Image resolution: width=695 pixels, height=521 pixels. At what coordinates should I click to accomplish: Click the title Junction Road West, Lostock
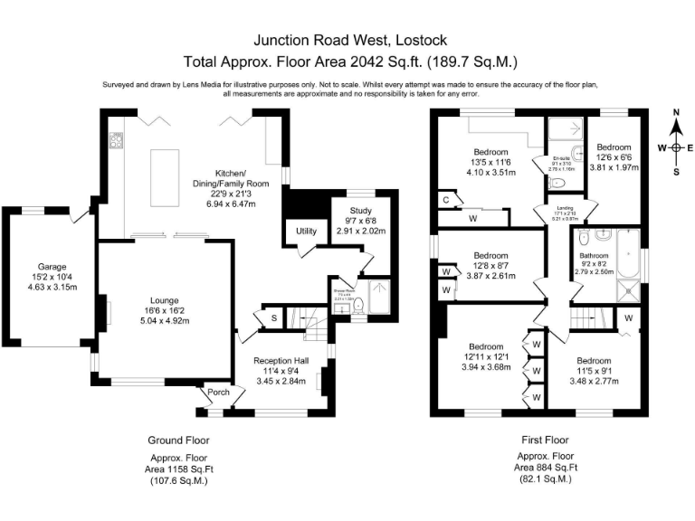349,41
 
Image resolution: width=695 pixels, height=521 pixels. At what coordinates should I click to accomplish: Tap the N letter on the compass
676,112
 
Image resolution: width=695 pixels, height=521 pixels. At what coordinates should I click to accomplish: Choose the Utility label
306,232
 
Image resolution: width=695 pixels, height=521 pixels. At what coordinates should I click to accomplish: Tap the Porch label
219,392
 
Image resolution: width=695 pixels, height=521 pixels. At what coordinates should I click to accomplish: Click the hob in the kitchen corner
117,140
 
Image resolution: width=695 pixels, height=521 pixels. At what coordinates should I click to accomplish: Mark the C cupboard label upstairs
446,199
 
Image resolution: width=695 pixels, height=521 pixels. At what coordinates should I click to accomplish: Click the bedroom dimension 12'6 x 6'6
614,156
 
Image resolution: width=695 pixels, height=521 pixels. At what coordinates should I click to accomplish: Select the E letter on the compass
690,147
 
